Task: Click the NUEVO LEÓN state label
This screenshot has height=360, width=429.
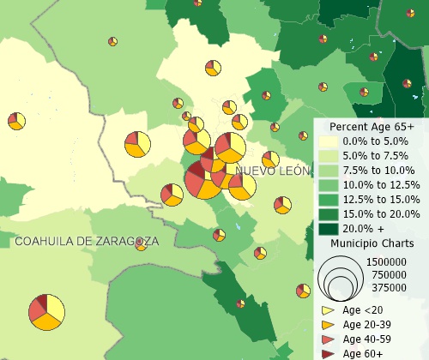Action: coord(272,171)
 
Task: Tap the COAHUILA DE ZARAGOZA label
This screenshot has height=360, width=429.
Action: coord(87,242)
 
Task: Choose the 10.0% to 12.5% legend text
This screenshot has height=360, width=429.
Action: coord(381,184)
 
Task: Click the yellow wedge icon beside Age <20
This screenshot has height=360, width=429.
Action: coord(328,310)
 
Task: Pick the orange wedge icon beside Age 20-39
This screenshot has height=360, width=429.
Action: coord(328,325)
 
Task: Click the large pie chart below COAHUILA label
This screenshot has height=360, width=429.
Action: coord(46,312)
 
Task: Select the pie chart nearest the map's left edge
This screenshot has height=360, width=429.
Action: coord(15,121)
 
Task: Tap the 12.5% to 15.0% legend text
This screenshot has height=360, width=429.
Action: coord(381,199)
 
